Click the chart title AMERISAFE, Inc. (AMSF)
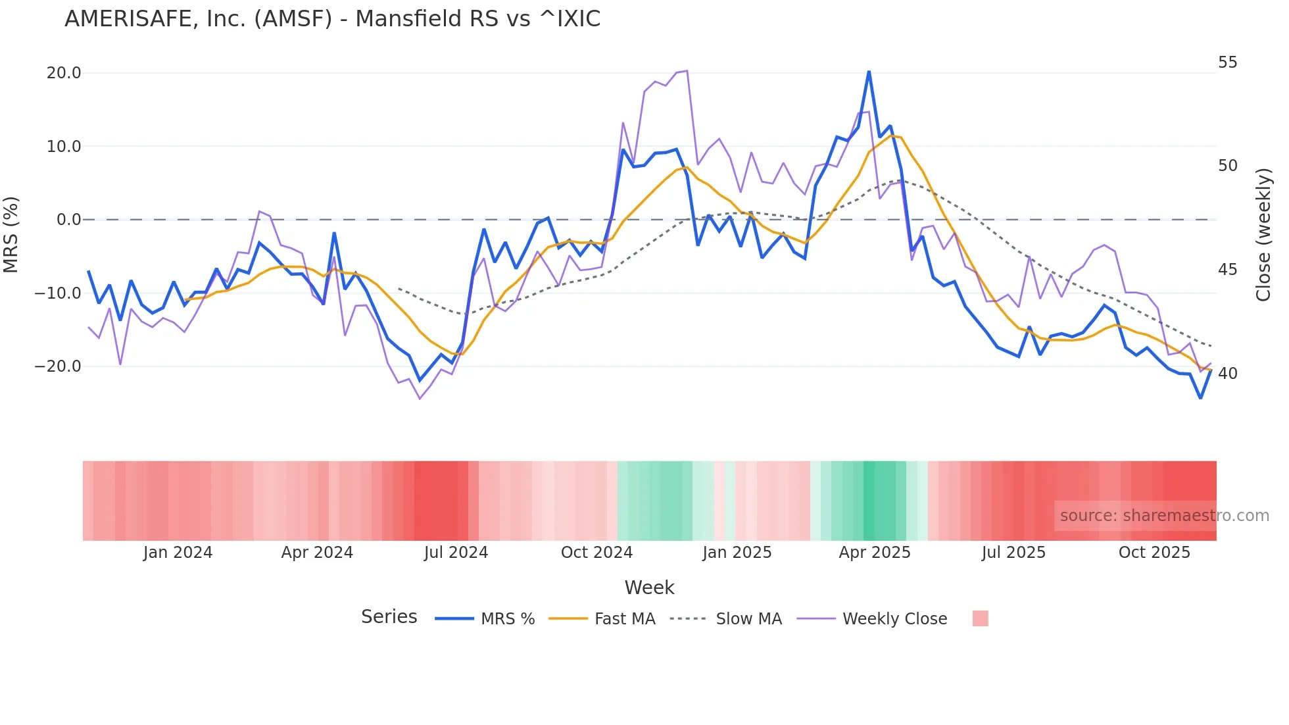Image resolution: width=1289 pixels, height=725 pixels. point(332,19)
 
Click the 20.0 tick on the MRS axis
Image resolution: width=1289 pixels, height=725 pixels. point(64,73)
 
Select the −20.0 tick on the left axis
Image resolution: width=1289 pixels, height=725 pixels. point(58,366)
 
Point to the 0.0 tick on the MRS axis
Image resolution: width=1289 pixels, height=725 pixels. point(69,220)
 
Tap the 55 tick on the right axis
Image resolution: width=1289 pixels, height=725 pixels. point(1227,63)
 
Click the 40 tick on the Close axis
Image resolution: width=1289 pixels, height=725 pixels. point(1227,374)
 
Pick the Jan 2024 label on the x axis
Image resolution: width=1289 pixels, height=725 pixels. point(178,553)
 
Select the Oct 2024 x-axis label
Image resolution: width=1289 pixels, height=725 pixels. point(596,553)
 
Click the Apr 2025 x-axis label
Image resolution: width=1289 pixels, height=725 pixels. point(875,553)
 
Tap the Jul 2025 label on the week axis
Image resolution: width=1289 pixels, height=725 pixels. point(1013,553)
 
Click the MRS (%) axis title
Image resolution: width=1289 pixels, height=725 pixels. point(11,234)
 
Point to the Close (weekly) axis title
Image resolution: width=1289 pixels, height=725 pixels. point(1263,235)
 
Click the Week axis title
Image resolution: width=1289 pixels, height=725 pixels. point(649,587)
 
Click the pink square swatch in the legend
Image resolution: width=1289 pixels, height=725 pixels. point(980,618)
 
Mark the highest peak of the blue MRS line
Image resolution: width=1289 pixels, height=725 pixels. point(869,72)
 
